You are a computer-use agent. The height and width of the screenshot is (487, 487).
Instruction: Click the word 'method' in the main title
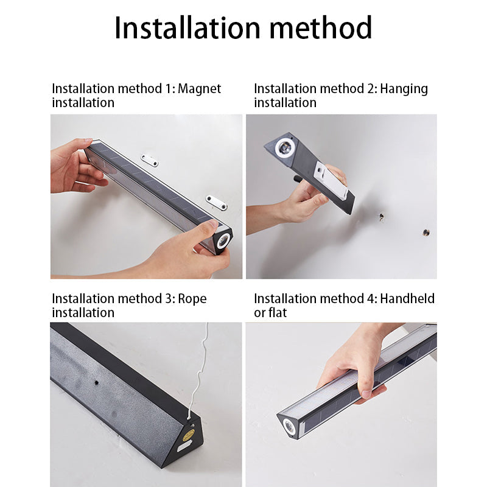click(x=321, y=28)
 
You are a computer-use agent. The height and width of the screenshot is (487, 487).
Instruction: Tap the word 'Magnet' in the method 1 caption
click(x=199, y=89)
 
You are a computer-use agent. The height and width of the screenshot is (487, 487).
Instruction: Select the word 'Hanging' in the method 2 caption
click(x=404, y=89)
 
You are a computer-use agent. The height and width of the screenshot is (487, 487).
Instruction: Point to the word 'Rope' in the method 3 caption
click(x=192, y=299)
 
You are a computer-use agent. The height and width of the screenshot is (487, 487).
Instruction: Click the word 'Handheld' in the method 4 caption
click(x=407, y=298)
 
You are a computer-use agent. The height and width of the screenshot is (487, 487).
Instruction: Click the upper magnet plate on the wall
click(x=149, y=160)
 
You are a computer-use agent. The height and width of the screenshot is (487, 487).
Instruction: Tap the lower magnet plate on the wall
click(x=216, y=202)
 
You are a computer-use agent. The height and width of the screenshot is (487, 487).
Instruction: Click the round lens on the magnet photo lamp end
click(x=223, y=240)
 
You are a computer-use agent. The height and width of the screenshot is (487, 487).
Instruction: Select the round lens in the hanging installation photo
click(x=285, y=146)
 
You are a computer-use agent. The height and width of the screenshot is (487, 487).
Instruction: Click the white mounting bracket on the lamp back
click(x=331, y=180)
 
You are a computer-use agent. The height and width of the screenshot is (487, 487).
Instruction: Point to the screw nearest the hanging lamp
click(x=381, y=217)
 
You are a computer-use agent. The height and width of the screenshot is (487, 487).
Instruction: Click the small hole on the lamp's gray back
click(x=97, y=382)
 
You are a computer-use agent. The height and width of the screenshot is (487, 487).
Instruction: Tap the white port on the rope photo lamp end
click(x=184, y=447)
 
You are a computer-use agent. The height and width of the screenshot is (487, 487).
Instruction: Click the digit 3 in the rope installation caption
click(x=168, y=299)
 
